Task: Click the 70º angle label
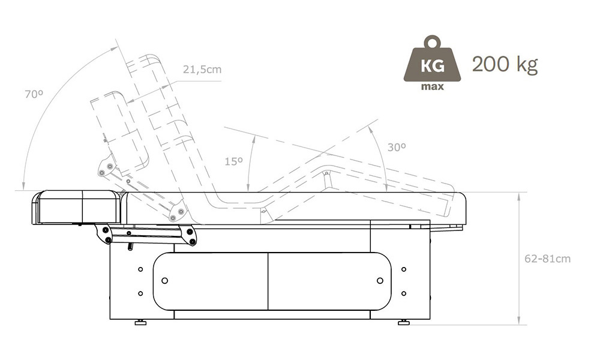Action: pyautogui.click(x=34, y=94)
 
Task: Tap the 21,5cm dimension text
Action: pyautogui.click(x=202, y=70)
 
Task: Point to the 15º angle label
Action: pyautogui.click(x=233, y=161)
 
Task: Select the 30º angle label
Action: pyautogui.click(x=397, y=147)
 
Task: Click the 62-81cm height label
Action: pyautogui.click(x=547, y=259)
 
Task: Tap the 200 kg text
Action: pyautogui.click(x=505, y=64)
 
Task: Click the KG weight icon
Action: pyautogui.click(x=433, y=63)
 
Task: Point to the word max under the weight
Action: pyautogui.click(x=433, y=86)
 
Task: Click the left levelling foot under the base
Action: pyautogui.click(x=141, y=323)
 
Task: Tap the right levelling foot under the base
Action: pyautogui.click(x=404, y=323)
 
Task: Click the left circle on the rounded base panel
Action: pyautogui.click(x=165, y=281)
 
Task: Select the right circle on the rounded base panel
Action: pyautogui.click(x=380, y=281)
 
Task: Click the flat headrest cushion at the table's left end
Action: pyautogui.click(x=77, y=207)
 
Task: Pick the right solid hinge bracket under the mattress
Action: pyautogui.click(x=188, y=235)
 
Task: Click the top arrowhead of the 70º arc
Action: pyautogui.click(x=115, y=48)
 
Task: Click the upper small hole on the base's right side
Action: pyautogui.click(x=404, y=269)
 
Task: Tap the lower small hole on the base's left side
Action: pyautogui.click(x=140, y=293)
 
